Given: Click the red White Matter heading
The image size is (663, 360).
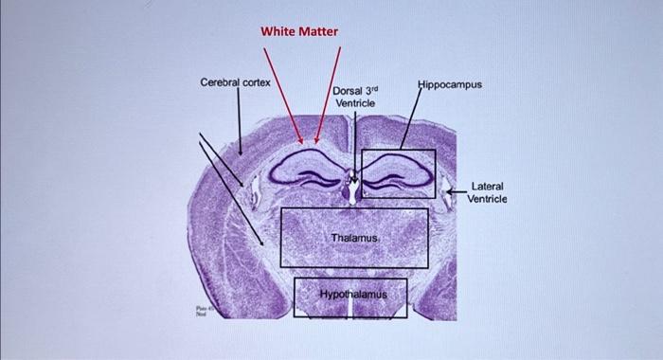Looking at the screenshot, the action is click(x=299, y=31).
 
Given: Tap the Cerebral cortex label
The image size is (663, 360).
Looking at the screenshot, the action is click(x=235, y=83).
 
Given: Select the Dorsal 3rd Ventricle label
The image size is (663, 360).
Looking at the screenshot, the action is click(x=355, y=97).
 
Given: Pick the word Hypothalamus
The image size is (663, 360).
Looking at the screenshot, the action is click(x=353, y=295).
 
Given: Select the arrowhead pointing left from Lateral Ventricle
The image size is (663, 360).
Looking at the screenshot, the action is click(x=452, y=192).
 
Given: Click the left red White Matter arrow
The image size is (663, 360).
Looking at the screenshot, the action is click(x=283, y=95).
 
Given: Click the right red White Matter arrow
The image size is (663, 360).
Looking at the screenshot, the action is click(x=328, y=95).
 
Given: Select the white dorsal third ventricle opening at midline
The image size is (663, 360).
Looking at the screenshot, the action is click(x=352, y=192).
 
